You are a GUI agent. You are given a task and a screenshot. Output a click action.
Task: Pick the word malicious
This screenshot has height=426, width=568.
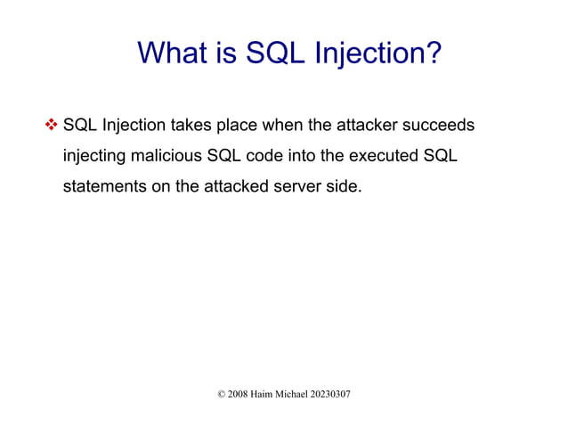[x=166, y=157]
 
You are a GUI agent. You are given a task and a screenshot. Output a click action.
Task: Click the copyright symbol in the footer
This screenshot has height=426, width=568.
[x=222, y=394]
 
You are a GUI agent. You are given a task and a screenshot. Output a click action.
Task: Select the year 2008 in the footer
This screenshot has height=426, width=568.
[x=239, y=394]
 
